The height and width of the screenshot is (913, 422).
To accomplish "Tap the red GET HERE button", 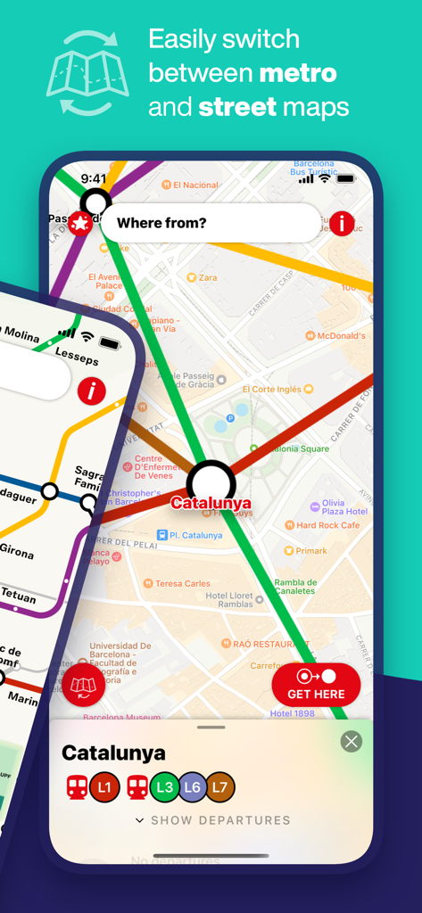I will coord(316,686).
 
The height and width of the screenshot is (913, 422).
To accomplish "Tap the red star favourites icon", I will coord(80,223).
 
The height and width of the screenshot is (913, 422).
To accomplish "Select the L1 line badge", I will coord(104,787).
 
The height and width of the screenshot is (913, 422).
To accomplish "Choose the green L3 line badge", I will coord(164,787).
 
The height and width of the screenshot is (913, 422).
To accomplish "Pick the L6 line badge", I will coord(192,787).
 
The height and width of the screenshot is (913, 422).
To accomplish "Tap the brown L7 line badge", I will coord(219,787).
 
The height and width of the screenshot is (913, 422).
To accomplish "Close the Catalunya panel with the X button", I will coord(352,741).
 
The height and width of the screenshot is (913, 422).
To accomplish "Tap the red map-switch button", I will coord(84,686).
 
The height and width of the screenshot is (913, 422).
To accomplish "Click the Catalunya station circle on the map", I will coord(211,484).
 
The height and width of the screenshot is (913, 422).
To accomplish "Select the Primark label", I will coord(311,551).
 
